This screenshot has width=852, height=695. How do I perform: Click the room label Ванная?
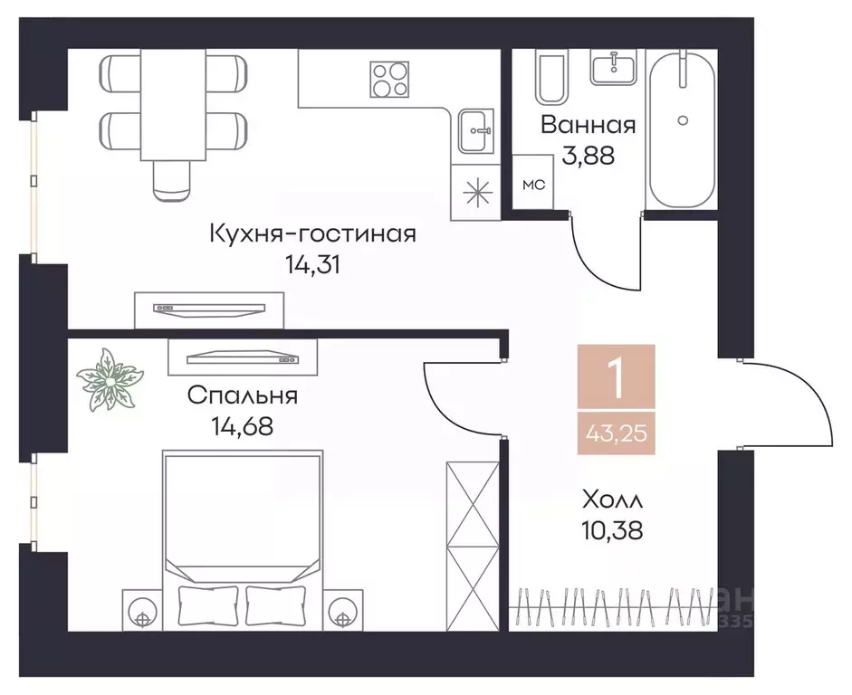point(588,125)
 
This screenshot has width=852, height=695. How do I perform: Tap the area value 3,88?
point(588,156)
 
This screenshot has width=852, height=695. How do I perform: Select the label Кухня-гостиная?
point(312,234)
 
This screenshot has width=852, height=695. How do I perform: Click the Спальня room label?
point(243,395)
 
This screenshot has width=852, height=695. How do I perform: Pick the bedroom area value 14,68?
point(242,425)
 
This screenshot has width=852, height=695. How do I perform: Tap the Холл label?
point(613,499)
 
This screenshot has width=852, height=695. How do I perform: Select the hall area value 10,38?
point(613,530)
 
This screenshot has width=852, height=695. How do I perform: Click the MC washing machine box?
point(534,184)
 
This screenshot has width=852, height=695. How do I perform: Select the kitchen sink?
point(475,132)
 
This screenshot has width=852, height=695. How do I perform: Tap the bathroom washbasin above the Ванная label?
point(615,65)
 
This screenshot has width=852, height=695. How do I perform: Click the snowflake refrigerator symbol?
point(474,194)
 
